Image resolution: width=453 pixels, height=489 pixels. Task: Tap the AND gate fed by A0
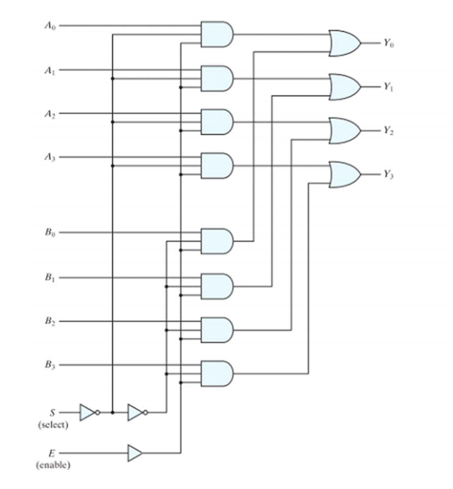217,34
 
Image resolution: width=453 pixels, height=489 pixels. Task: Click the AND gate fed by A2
217,122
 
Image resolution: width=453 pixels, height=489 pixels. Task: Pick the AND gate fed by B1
217,286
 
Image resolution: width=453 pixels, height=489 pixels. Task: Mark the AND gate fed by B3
217,373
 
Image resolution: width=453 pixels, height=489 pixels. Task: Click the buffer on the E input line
135,453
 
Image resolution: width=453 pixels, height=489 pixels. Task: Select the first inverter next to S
88,412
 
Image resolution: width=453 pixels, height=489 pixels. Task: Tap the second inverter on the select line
136,412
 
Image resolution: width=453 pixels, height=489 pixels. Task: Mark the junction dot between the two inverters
113,412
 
